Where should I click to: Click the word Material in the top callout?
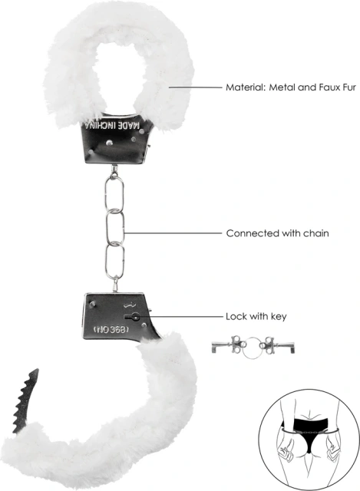[x=245, y=87]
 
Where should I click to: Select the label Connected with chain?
[x=277, y=233]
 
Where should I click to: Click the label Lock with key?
[x=256, y=317]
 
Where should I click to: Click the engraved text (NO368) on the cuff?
[x=111, y=329]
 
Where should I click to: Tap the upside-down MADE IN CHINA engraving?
[x=112, y=126]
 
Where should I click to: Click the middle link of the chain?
[x=115, y=228]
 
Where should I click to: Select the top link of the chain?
[x=114, y=194]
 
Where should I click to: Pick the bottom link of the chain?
[x=115, y=262]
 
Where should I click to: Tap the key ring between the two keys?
[x=253, y=348]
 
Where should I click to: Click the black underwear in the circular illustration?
[x=302, y=433]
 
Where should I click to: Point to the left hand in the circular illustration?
[x=286, y=452]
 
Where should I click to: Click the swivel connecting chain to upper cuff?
[x=114, y=170]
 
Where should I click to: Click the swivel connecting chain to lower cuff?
[x=116, y=284]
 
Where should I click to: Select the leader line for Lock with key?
[x=179, y=317]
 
